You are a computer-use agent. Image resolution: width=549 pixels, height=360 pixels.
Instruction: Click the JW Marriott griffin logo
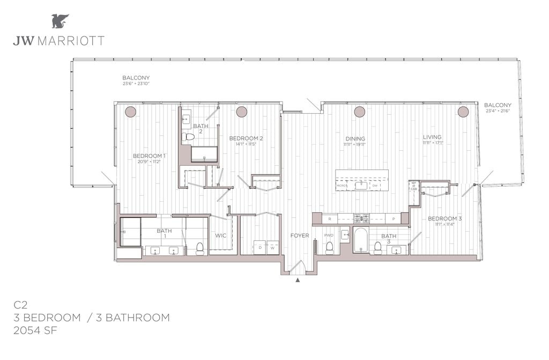(x=60, y=21)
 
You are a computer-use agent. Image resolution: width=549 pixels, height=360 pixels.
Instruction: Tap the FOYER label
(x=300, y=236)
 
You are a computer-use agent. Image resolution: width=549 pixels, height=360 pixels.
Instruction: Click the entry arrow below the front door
(x=298, y=280)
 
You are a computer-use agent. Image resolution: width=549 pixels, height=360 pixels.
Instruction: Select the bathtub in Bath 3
(x=361, y=240)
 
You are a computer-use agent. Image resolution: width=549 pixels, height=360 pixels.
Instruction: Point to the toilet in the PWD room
(x=330, y=247)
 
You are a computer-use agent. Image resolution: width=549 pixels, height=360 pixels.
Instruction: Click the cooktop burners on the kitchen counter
(x=361, y=218)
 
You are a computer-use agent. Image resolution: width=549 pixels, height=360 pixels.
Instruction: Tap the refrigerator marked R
(x=329, y=219)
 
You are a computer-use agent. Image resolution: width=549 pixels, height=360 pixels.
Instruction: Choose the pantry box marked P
(x=393, y=219)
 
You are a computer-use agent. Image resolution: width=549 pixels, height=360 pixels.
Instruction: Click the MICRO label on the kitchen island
(x=341, y=186)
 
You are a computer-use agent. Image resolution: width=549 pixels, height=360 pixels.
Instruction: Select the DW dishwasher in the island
(x=374, y=186)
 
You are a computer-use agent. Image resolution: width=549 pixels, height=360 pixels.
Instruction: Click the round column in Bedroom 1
(x=130, y=112)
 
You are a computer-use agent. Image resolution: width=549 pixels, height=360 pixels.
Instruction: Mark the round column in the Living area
(x=463, y=112)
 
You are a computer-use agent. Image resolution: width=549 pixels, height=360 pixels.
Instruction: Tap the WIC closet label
(x=221, y=236)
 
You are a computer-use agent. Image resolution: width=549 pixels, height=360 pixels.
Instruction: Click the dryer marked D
(x=260, y=248)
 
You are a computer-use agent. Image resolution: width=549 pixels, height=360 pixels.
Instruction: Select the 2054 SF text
(x=35, y=330)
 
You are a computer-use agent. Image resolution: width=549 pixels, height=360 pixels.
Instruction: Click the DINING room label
(x=355, y=137)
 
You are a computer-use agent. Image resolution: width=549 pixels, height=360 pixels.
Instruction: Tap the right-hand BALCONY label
(x=498, y=105)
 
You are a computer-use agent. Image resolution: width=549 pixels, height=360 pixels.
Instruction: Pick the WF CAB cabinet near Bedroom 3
(x=414, y=186)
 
